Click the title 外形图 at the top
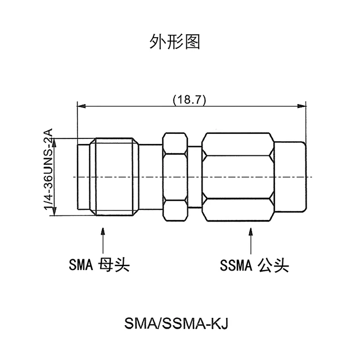175,41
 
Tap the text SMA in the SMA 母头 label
81,264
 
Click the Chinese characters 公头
273,264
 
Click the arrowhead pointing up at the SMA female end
102,231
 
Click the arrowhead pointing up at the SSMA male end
250,231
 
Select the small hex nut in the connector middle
175,177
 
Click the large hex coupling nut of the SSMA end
238,177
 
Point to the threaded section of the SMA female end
115,177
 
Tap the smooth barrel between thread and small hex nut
150,177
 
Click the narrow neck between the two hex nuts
195,177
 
